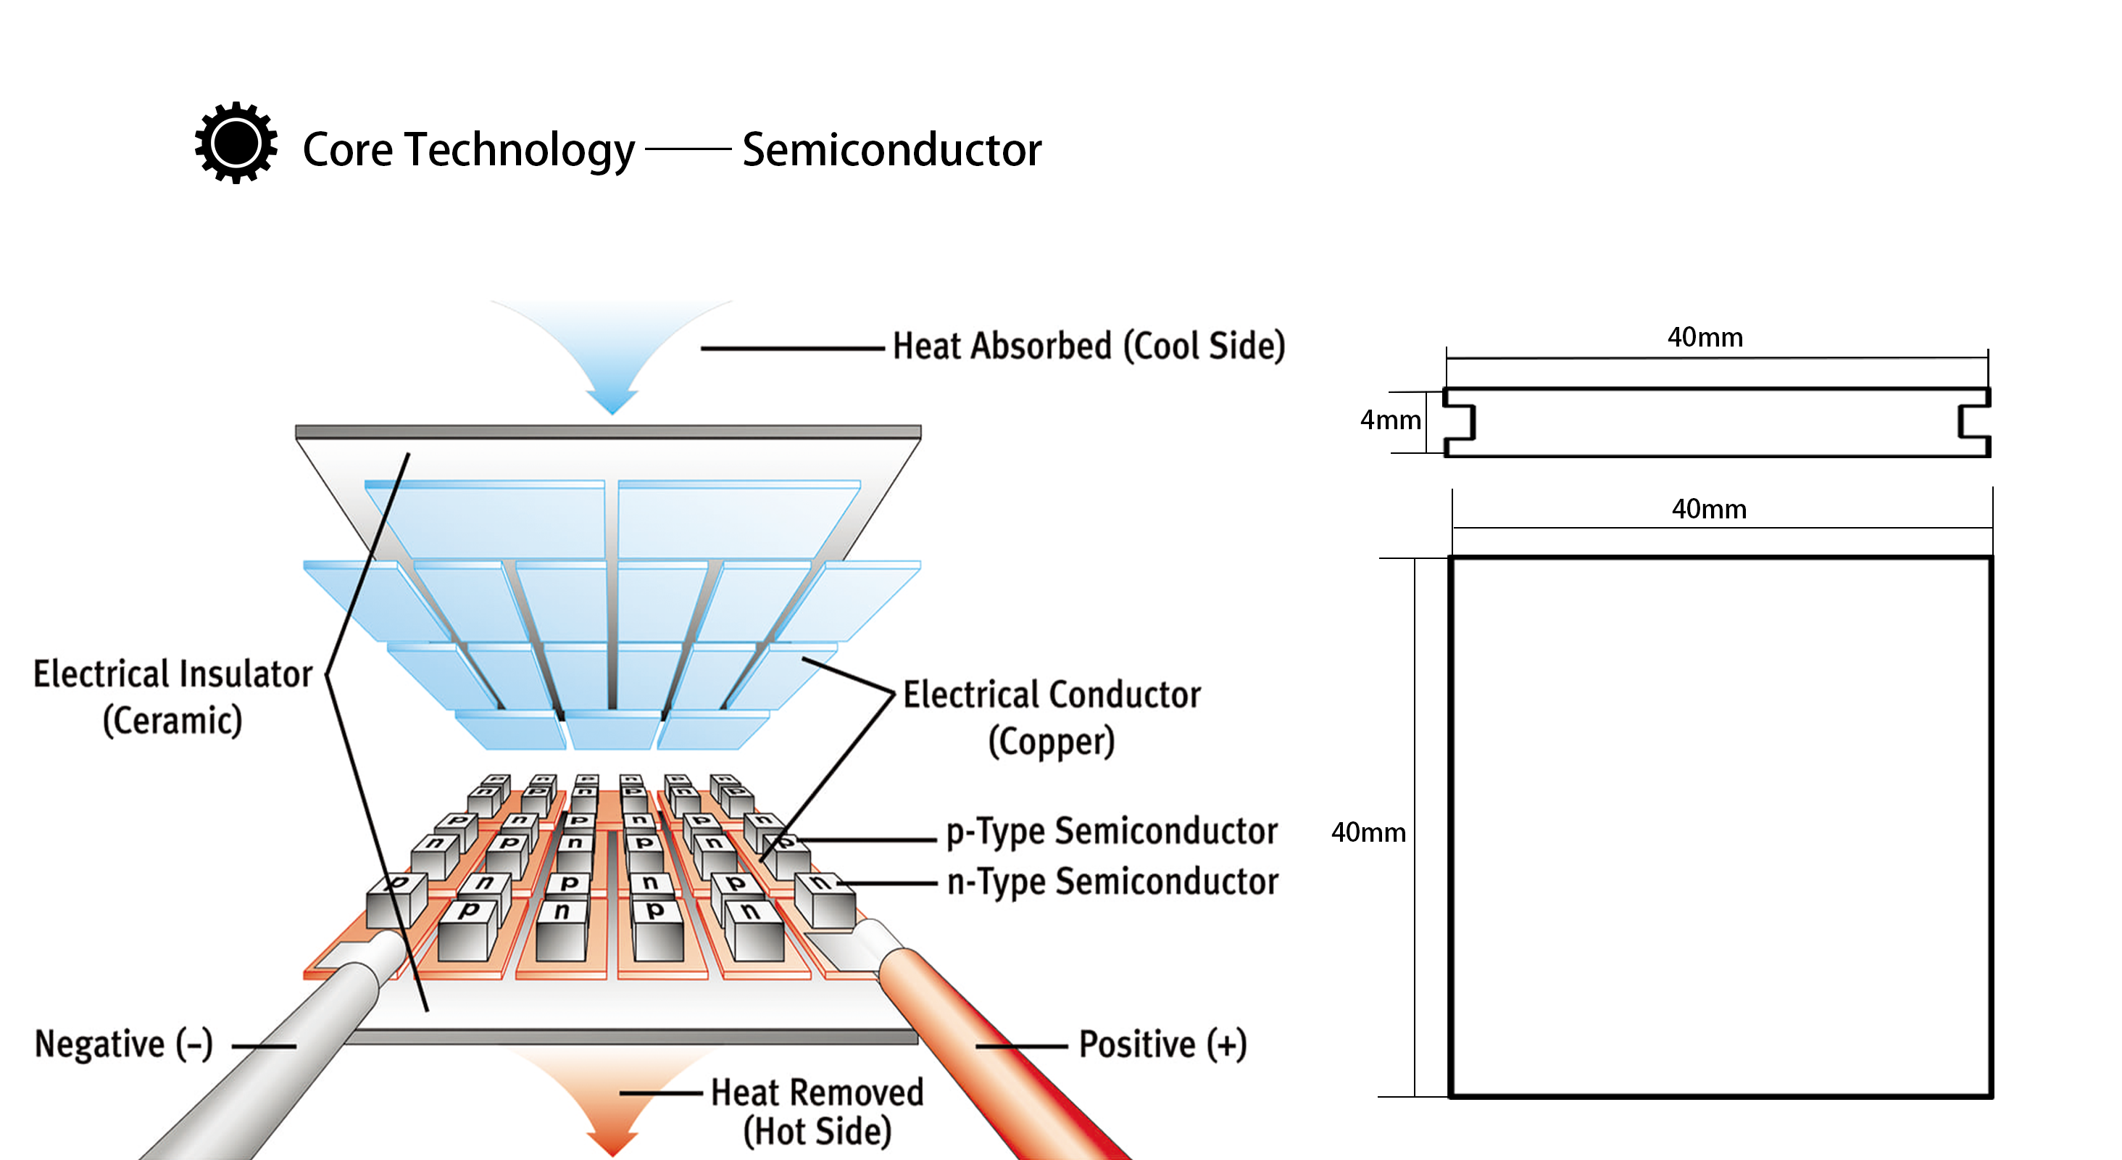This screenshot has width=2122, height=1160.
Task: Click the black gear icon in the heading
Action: (236, 144)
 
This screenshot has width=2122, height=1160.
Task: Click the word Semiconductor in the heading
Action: (891, 150)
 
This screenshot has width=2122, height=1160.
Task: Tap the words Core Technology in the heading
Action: (468, 150)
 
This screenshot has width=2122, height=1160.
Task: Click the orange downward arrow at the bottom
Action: (611, 1104)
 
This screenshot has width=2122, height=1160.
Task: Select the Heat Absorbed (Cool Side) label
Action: (1089, 346)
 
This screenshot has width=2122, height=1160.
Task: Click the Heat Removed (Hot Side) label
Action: (817, 1111)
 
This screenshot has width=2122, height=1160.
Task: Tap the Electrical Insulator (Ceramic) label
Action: (173, 697)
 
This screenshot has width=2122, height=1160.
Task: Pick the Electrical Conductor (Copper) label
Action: (1051, 718)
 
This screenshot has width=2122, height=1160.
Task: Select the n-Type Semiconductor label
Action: (1112, 882)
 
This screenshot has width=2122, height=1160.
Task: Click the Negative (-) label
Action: (123, 1044)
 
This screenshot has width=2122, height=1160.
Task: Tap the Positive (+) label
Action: (1162, 1044)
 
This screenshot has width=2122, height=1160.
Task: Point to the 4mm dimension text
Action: (1390, 420)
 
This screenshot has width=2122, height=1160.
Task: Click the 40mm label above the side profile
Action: (1705, 337)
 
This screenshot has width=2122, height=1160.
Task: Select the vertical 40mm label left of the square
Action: (1368, 832)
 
